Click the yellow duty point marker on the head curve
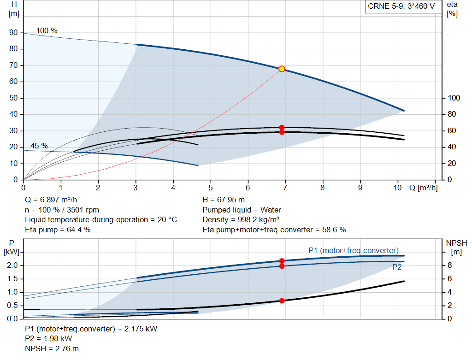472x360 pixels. (x=282, y=69)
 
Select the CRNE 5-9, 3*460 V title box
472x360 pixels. (x=401, y=6)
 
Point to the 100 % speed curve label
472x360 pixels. (x=47, y=31)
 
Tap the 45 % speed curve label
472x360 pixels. (x=39, y=146)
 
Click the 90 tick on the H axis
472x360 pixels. (x=13, y=33)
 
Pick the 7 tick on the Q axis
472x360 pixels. (x=285, y=188)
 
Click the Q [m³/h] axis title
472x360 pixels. (x=423, y=188)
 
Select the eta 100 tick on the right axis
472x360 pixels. (x=454, y=98)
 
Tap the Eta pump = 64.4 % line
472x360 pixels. (x=58, y=230)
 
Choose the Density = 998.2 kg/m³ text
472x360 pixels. (x=241, y=219)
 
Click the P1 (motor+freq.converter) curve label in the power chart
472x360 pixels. (x=353, y=250)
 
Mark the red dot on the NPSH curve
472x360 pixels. (x=282, y=301)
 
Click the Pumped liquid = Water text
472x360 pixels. (x=242, y=210)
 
